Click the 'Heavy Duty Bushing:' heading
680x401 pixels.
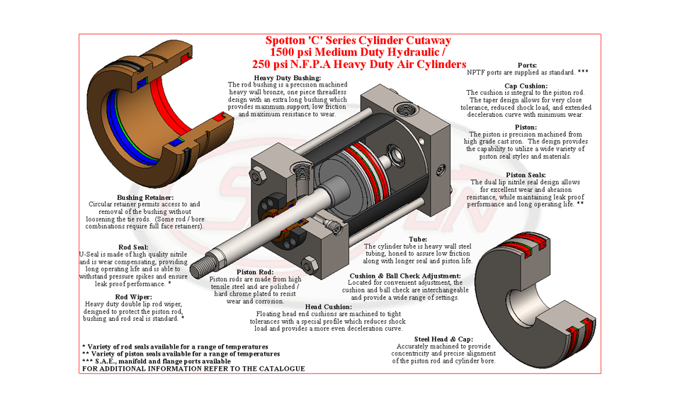[x=288, y=78]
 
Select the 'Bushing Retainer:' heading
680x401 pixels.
[x=145, y=198]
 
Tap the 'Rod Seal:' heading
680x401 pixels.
[x=134, y=247]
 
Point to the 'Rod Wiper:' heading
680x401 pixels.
[x=134, y=298]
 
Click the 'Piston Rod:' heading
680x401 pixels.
[x=255, y=272]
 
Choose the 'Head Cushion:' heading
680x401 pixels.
[x=328, y=307]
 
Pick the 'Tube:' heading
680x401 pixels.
[x=418, y=239]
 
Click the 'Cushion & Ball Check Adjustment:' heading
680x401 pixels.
[x=405, y=276]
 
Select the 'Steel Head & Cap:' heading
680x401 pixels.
[x=443, y=339]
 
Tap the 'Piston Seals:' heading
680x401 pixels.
[x=526, y=175]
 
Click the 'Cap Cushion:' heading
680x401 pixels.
[x=526, y=86]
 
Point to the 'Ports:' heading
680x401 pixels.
[x=527, y=65]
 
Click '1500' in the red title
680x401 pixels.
[x=281, y=52]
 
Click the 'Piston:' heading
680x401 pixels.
[x=526, y=127]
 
